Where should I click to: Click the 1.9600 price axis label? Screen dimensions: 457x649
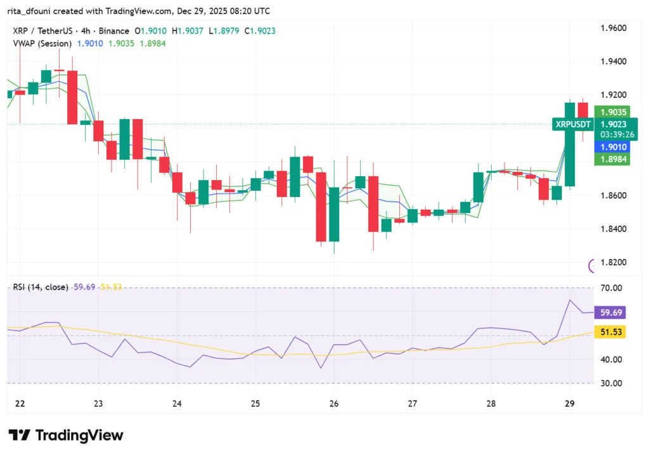[614, 28]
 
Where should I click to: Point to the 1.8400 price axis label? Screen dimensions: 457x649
[614, 229]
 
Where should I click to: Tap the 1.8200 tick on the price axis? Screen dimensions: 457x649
[614, 262]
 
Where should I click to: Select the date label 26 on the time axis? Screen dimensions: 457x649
[334, 404]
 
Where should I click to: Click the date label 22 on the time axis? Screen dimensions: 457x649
[19, 404]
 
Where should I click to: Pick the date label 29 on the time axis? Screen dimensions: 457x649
[569, 404]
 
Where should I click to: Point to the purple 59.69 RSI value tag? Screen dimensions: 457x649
[611, 312]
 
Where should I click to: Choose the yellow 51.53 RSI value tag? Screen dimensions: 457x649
[611, 331]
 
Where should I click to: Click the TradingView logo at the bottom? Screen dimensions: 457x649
[66, 435]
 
